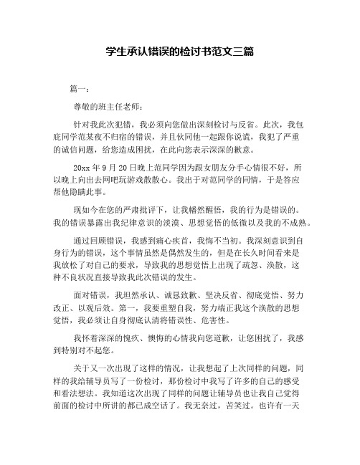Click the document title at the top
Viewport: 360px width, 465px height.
(180, 52)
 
